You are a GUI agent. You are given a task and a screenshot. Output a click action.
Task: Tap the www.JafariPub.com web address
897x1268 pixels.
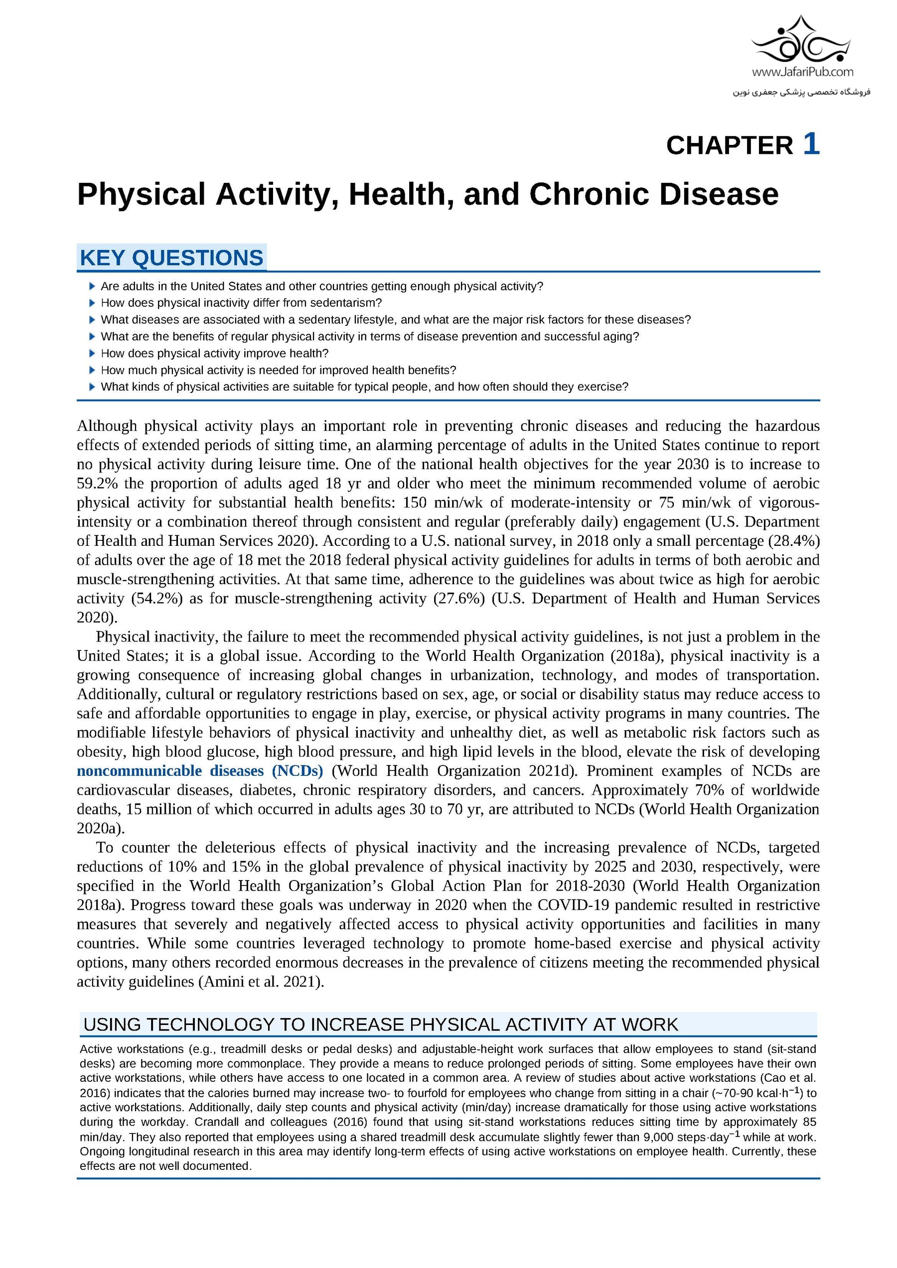point(802,72)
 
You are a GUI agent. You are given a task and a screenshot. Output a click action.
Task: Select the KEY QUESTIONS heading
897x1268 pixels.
point(171,258)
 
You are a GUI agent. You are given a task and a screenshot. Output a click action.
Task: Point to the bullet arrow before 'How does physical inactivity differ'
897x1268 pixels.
point(92,303)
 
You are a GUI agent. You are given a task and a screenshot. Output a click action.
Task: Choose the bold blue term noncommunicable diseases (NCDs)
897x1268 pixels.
point(199,771)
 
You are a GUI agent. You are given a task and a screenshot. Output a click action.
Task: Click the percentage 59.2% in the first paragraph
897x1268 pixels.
point(97,484)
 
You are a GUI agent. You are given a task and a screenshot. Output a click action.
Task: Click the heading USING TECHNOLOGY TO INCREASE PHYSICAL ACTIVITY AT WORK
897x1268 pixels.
point(380,1025)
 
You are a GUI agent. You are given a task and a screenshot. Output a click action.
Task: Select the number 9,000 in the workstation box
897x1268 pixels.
point(659,1138)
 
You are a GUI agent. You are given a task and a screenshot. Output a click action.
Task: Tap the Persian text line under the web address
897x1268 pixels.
point(801,92)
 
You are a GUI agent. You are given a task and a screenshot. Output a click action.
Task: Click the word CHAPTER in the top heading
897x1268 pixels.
point(729,146)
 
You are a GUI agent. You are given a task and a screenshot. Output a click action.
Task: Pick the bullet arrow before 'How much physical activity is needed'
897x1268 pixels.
point(92,370)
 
